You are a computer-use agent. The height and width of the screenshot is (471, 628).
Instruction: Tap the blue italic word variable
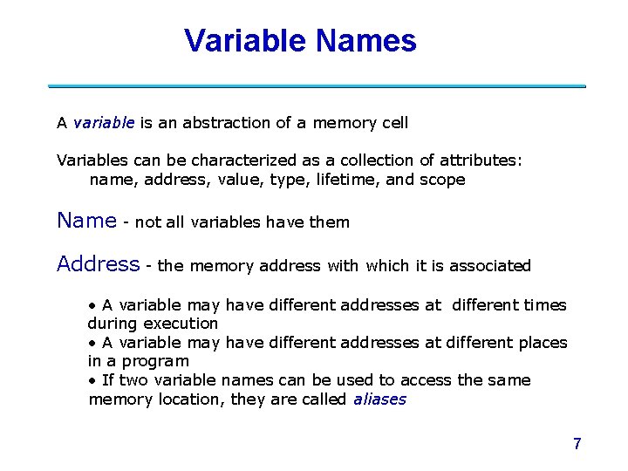(x=104, y=123)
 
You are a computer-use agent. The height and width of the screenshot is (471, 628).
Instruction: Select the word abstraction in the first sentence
(x=225, y=123)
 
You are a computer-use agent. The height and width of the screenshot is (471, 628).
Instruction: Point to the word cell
(x=393, y=123)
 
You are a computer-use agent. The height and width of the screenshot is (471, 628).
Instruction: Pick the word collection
(x=352, y=160)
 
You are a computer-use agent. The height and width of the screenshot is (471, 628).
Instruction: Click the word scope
(x=442, y=180)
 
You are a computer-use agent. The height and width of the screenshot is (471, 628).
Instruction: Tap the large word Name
(x=86, y=221)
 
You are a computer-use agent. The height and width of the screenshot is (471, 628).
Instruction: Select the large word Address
(x=98, y=264)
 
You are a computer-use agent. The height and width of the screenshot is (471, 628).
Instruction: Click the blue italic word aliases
(x=379, y=399)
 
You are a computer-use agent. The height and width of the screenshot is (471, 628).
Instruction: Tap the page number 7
(x=577, y=444)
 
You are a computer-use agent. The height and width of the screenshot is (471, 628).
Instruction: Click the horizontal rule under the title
(x=316, y=86)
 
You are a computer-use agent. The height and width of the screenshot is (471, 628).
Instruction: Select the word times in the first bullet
(x=545, y=305)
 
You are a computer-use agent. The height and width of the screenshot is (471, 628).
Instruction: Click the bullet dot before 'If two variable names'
(x=92, y=380)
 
